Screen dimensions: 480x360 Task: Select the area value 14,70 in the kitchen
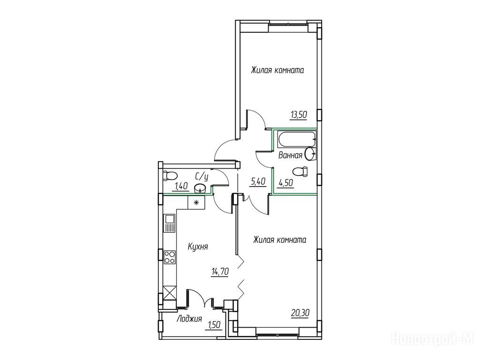[x=220, y=271]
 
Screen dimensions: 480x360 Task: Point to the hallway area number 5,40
[x=258, y=182]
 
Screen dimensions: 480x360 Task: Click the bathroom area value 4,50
[x=285, y=183]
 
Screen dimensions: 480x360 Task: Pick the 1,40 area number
[x=181, y=186]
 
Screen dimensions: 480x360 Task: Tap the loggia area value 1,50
[x=215, y=324]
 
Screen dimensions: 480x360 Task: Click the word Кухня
[x=198, y=247]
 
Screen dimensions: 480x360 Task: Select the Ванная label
[x=290, y=155]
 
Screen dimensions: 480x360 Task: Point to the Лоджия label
[x=189, y=319]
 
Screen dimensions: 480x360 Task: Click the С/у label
[x=202, y=177]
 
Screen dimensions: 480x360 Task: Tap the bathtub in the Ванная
[x=297, y=139]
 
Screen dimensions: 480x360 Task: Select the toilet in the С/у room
[x=169, y=175]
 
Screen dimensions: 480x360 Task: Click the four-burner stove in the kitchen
[x=170, y=257]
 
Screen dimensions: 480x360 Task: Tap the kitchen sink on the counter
[x=170, y=223]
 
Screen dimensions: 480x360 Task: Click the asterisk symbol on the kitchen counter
[x=196, y=202]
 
